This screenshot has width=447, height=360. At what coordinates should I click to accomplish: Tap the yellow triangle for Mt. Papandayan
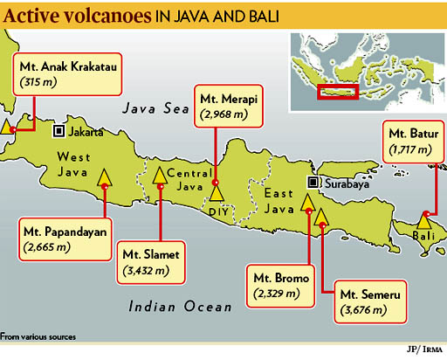105,178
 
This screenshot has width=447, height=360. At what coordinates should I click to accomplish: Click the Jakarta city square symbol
58,132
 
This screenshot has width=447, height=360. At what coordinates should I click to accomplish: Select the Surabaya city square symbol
312,183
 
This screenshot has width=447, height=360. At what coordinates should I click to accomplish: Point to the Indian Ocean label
180,306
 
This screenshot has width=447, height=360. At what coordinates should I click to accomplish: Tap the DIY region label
217,212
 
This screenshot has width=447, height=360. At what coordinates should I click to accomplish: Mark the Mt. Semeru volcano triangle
321,217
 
